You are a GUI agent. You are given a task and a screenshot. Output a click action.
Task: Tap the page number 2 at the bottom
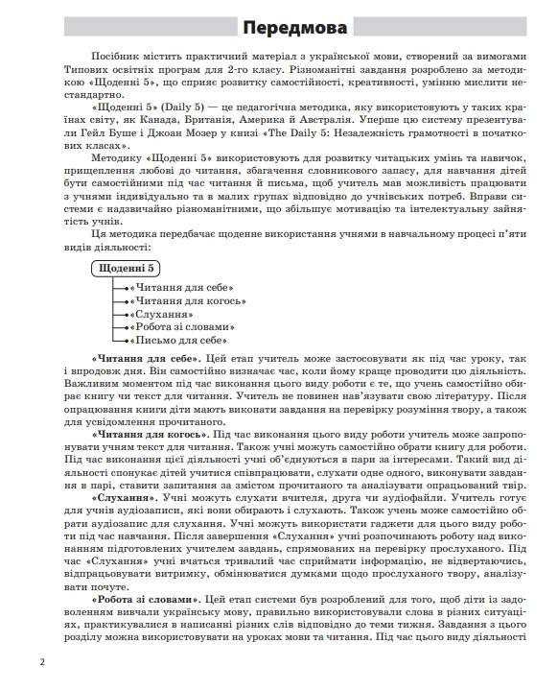point(42,662)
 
